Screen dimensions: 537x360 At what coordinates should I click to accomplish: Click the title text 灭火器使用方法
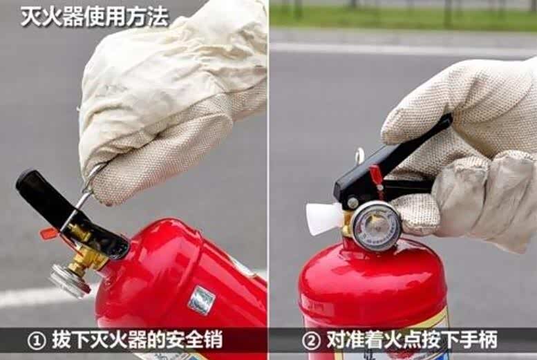pyautogui.click(x=95, y=17)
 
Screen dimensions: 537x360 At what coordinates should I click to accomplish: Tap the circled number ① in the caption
pyautogui.click(x=37, y=341)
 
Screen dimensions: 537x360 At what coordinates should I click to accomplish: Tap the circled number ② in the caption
pyautogui.click(x=311, y=341)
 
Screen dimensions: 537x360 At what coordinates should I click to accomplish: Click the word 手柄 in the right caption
pyautogui.click(x=478, y=340)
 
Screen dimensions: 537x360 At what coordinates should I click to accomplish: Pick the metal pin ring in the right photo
pyautogui.click(x=359, y=155)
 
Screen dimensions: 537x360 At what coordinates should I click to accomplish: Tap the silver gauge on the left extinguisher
pyautogui.click(x=70, y=281)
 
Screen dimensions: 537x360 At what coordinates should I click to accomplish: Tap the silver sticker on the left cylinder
pyautogui.click(x=202, y=300)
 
